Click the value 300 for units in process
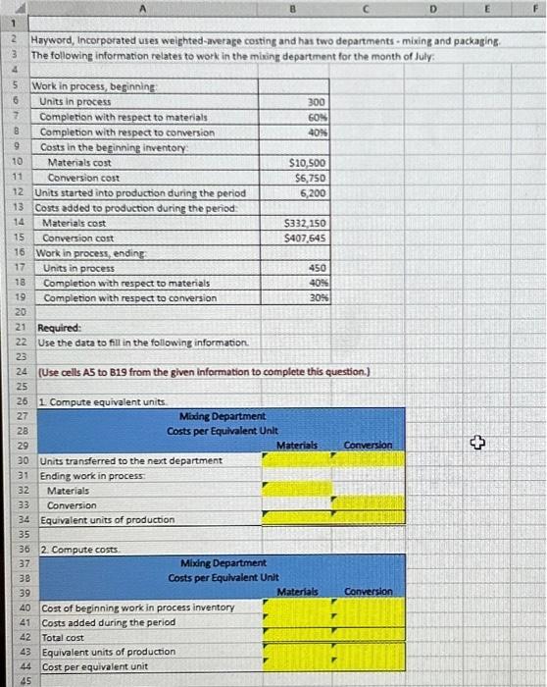(316, 102)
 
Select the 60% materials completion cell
(316, 117)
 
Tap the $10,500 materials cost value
(308, 162)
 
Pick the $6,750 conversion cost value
(311, 178)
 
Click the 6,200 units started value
(312, 192)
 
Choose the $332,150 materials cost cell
(306, 223)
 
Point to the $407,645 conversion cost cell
(306, 238)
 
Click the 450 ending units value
(316, 268)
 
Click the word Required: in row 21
(60, 328)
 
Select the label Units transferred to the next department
(130, 460)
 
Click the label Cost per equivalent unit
(95, 665)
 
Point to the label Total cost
(64, 636)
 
